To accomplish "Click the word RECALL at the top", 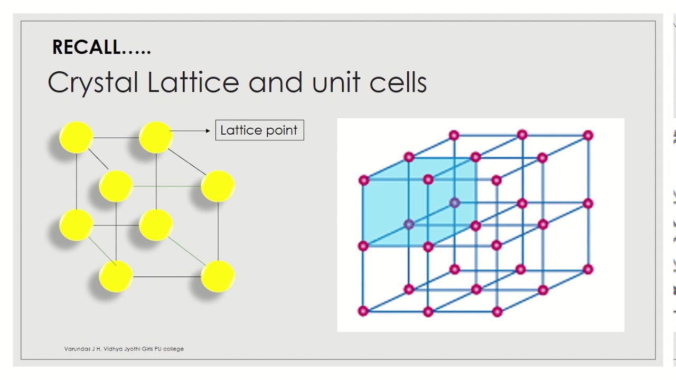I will coord(87,47).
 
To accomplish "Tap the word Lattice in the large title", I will coord(193,82).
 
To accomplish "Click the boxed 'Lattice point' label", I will coord(259,130).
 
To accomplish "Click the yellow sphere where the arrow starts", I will coord(156,137).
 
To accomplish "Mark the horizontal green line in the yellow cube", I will coord(167,186).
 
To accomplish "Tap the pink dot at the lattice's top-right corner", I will coord(588,136).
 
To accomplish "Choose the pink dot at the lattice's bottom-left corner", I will coord(363,311).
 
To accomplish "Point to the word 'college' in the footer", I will coord(174,349).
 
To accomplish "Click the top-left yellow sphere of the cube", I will coord(77,137).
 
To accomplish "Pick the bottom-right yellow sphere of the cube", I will coord(218,276).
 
